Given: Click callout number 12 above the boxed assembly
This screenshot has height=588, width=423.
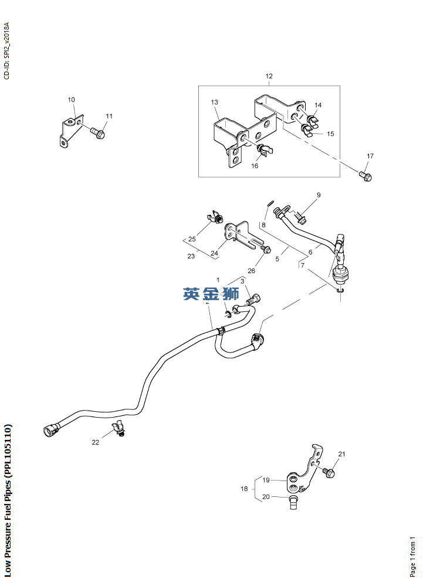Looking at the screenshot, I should (x=269, y=76).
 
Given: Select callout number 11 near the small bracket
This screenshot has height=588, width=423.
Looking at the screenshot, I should (x=109, y=116).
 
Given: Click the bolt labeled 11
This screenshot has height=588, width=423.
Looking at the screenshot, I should (x=97, y=133).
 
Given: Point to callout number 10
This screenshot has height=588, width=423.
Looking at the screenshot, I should (x=71, y=100).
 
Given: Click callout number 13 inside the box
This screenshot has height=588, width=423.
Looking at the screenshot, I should (x=215, y=102).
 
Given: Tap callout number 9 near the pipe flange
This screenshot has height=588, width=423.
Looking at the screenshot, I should (x=319, y=195).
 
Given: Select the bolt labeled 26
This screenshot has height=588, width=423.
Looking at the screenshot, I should (x=266, y=251).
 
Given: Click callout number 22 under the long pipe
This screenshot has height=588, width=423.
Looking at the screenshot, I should (x=95, y=442).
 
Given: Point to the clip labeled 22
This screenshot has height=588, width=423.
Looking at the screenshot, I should (x=121, y=428).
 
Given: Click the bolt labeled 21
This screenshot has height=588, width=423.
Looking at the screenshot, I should (x=329, y=471).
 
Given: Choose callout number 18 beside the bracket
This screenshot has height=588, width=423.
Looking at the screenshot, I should (x=245, y=489).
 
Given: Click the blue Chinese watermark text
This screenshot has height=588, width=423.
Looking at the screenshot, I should (x=211, y=294).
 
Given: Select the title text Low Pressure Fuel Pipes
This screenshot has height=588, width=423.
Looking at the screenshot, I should (x=8, y=499).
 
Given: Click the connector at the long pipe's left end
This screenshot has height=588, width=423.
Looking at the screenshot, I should (x=49, y=428).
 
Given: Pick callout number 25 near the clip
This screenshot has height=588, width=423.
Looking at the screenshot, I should (x=191, y=239).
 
